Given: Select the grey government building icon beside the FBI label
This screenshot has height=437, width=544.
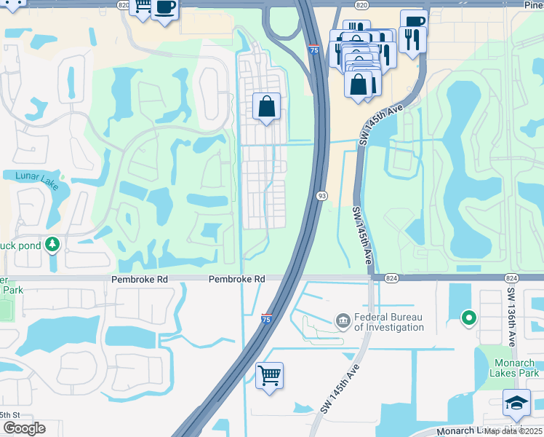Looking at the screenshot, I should click(x=342, y=320).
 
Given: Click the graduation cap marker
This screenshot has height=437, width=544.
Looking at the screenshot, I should click(x=516, y=401).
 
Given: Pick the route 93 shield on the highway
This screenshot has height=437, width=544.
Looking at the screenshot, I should click(x=321, y=195).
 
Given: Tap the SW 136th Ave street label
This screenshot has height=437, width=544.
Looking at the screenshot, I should click(x=512, y=317).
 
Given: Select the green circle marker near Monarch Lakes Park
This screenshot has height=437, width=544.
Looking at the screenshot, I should click(x=469, y=317).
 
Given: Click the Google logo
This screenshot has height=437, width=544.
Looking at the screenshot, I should click(x=24, y=428).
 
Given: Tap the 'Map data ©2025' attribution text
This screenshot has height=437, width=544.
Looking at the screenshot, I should click(x=513, y=431).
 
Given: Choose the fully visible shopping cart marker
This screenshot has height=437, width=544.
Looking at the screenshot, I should click(x=269, y=376).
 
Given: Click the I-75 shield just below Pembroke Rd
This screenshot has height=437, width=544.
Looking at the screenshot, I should click(x=267, y=318).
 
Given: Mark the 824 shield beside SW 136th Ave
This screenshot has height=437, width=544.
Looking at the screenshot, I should click(x=511, y=278).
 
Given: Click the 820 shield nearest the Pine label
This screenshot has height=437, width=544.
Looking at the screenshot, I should click(x=362, y=4).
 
